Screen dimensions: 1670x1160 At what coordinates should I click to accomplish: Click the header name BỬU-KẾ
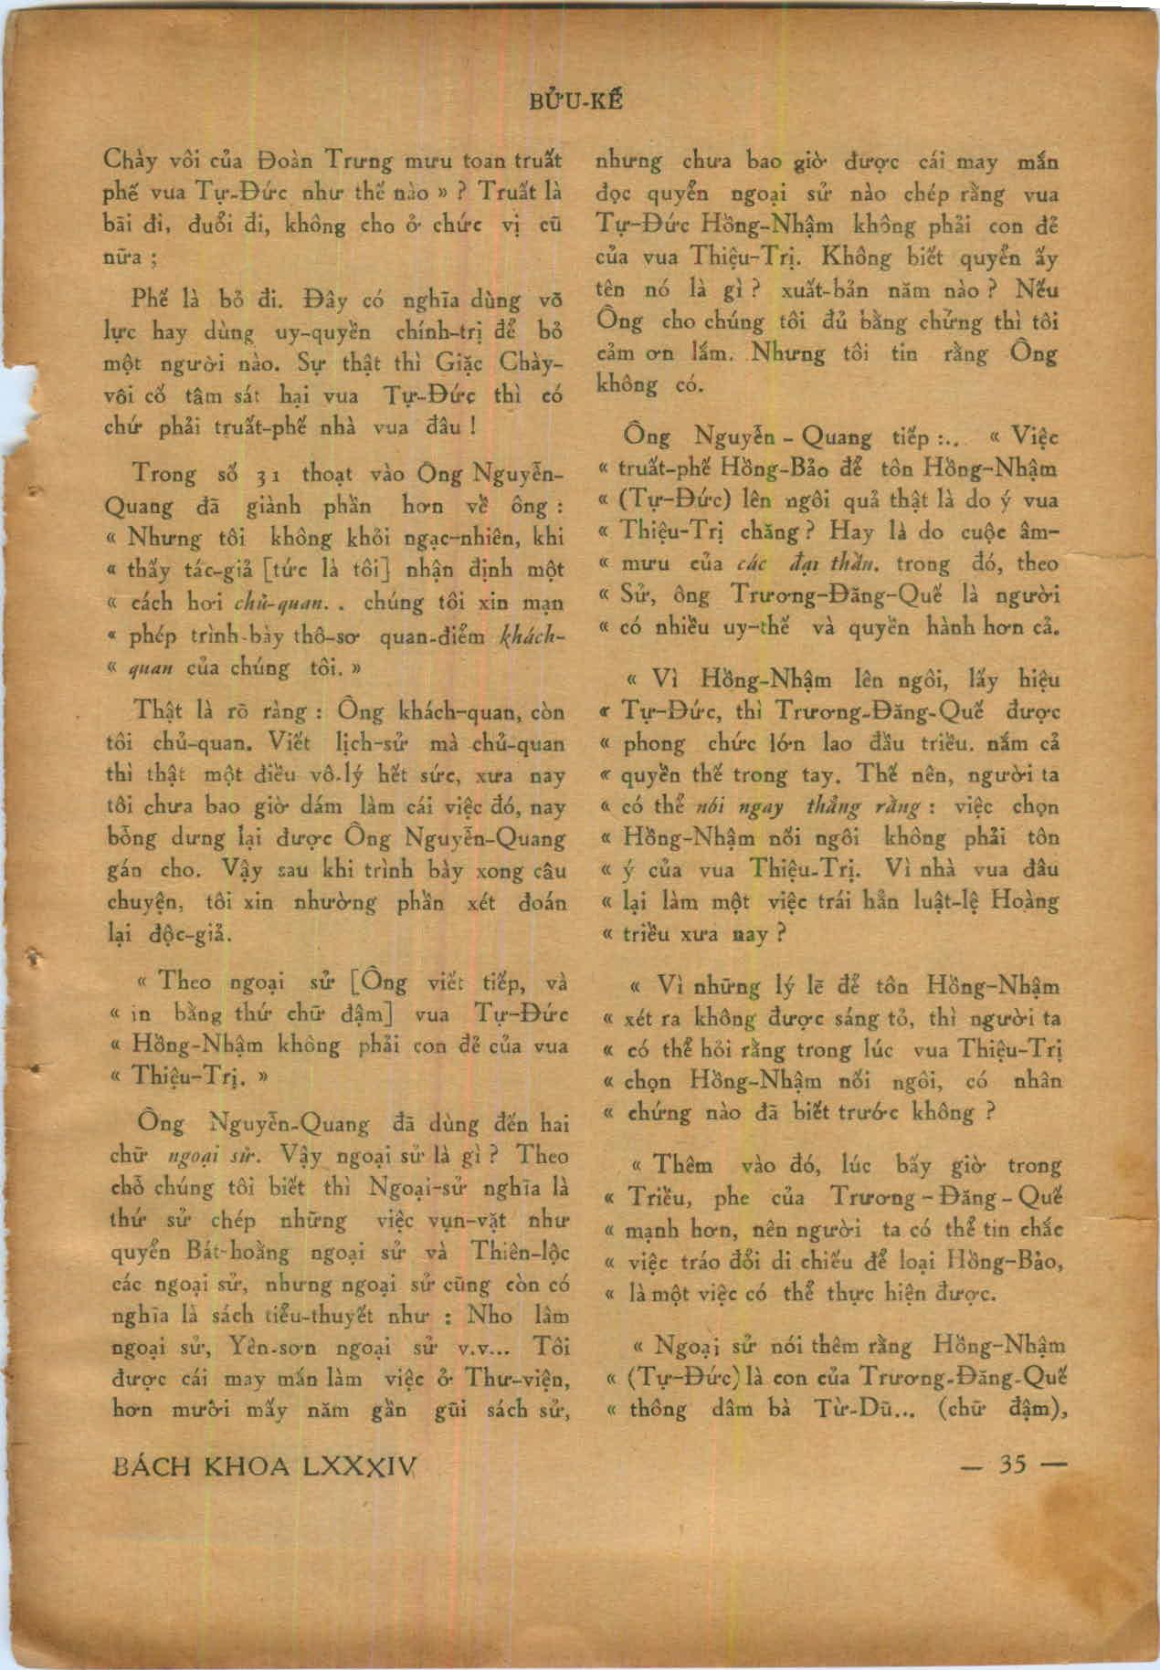click(578, 100)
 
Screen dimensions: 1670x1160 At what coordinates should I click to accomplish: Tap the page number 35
click(1014, 1465)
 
